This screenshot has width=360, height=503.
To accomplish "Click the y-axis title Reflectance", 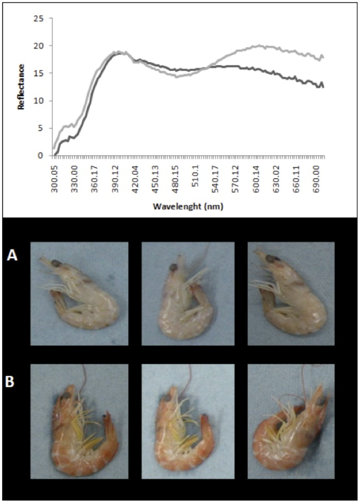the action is pos(21,87).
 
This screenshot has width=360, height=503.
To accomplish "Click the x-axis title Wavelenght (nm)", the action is pos(188,206).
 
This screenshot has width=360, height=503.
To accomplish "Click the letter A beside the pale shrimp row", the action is pos(12,256).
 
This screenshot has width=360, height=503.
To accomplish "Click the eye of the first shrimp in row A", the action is pos(57,264).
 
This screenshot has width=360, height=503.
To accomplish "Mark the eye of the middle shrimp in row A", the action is pos(174,267).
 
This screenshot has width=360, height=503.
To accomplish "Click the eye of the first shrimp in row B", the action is pos(66,396).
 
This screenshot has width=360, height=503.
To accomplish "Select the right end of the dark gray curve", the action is pos(323,87).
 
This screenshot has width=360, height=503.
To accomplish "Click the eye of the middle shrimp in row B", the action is pos(167,398).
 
